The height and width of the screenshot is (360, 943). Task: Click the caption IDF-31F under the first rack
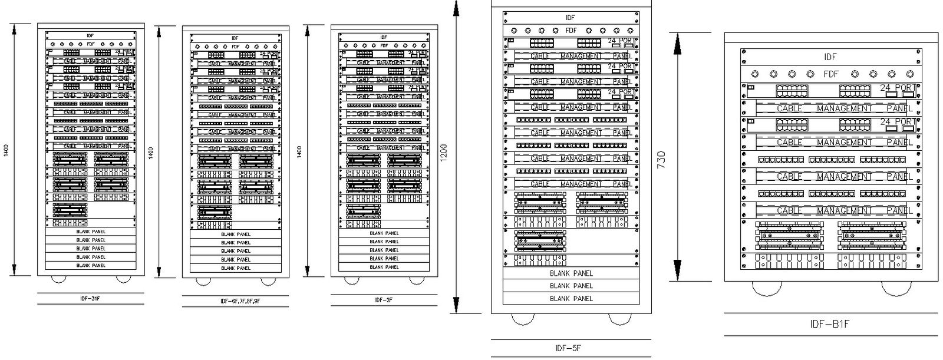(90, 299)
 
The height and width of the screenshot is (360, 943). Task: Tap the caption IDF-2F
(384, 300)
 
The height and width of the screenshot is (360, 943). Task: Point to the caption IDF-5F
(569, 348)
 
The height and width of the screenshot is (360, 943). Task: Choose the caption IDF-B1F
(830, 324)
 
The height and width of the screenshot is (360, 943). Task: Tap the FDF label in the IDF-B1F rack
(830, 74)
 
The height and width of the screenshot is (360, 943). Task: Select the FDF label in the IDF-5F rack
(571, 31)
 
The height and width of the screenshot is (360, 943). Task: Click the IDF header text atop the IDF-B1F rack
(830, 57)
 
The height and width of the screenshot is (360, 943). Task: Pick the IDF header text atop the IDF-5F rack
(570, 18)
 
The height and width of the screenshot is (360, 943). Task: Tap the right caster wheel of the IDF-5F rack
(618, 319)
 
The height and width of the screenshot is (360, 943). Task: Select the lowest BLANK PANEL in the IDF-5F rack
(571, 299)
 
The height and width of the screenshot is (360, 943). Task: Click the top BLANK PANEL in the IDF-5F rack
(571, 273)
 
